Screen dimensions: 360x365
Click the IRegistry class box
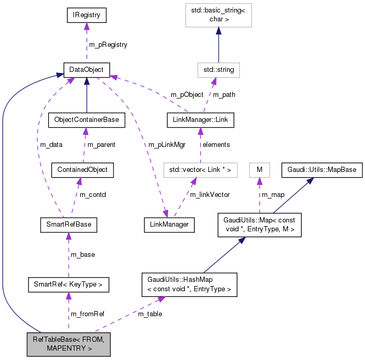pos(86,16)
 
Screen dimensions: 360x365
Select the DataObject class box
pos(86,69)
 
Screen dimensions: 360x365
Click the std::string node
pos(218,69)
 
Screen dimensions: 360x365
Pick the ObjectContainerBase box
pos(86,120)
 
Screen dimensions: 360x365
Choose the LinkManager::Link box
pos(199,120)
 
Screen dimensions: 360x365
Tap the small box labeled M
pos(259,169)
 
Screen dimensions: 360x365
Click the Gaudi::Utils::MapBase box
pos(322,169)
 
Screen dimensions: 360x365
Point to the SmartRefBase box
pos(69,225)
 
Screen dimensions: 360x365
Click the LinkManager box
pos(169,225)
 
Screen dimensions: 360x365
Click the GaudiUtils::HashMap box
pos(189,284)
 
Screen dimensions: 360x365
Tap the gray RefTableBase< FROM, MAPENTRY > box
pos(68,344)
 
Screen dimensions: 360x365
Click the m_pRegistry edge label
pos(108,45)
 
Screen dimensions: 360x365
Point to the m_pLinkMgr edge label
pos(167,144)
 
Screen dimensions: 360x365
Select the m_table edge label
pos(150,314)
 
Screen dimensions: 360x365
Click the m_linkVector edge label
pos(209,194)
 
